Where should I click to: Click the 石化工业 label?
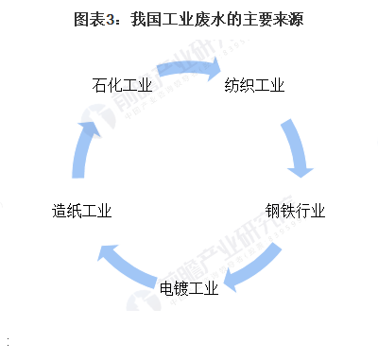124,87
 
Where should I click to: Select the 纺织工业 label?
254,86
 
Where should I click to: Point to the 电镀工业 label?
189,287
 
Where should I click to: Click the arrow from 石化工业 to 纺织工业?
189,68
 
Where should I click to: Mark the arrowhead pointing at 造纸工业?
107,251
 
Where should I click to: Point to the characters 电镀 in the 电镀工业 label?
174,287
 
